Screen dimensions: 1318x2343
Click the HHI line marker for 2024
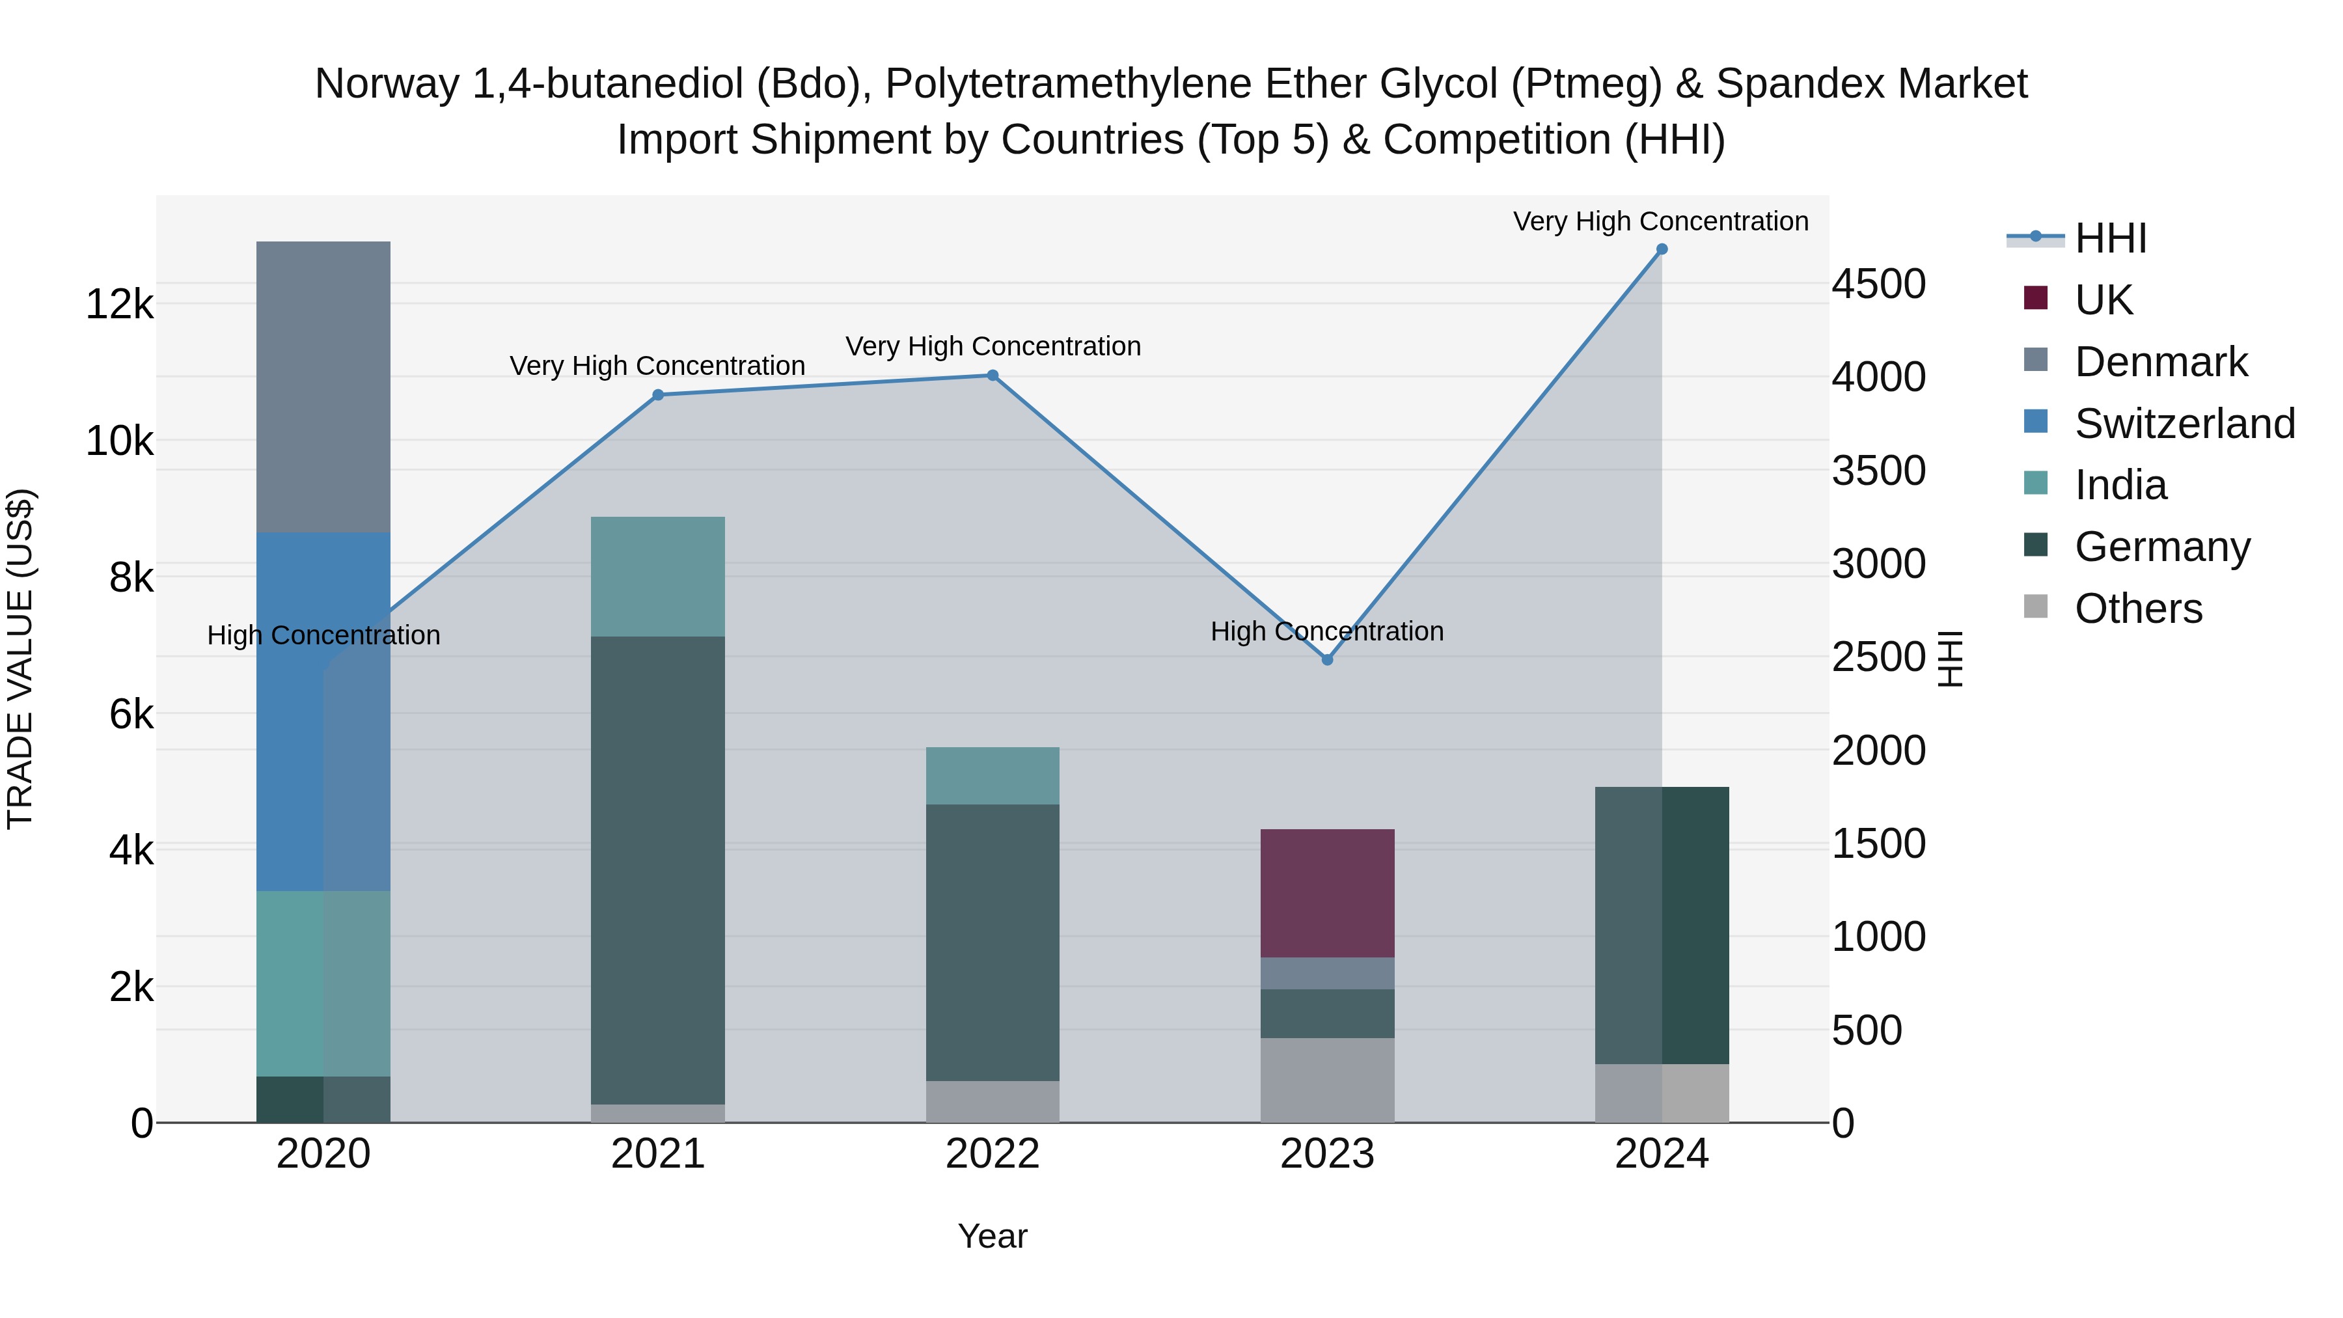(1662, 249)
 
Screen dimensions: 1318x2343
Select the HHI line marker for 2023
(1327, 659)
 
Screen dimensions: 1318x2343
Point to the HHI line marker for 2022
(993, 376)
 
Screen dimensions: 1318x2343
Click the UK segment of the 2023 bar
(1327, 893)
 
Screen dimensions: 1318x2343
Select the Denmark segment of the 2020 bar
(323, 387)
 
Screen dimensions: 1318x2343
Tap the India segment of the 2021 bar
(657, 577)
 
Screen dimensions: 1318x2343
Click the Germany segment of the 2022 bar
(993, 942)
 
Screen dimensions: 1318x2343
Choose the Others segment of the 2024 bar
(1662, 1093)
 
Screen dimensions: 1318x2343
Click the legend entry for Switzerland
(2184, 424)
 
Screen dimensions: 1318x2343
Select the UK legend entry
(2103, 300)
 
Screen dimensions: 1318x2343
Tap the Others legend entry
(2137, 609)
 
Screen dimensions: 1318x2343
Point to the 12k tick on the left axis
(120, 304)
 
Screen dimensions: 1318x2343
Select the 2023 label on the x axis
(1327, 1154)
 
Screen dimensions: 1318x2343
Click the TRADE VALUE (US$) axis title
(20, 659)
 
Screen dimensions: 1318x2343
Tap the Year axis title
(993, 1236)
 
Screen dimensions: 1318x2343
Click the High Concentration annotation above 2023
(1327, 631)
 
